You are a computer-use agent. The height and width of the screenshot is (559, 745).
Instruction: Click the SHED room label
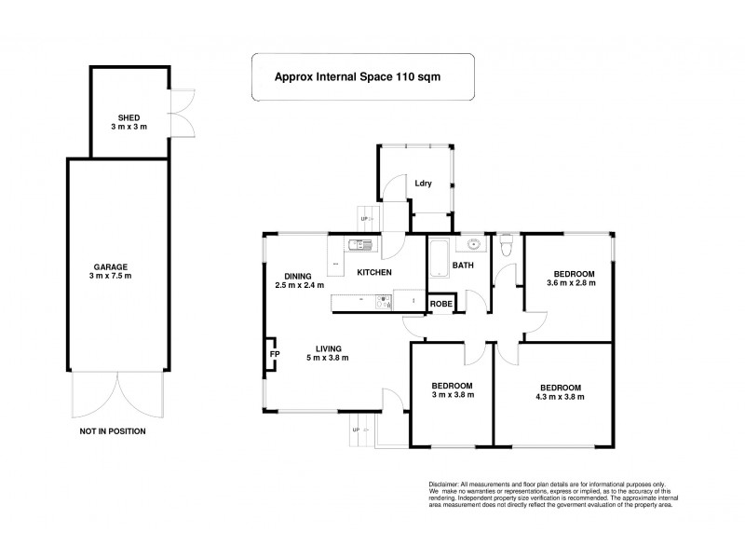point(128,117)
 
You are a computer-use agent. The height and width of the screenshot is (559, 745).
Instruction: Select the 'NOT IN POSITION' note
point(112,431)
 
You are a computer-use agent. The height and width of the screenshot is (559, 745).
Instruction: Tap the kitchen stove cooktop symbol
point(383,300)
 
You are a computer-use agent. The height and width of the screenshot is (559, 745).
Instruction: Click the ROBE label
point(440,304)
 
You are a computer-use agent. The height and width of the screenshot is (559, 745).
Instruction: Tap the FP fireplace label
point(274,355)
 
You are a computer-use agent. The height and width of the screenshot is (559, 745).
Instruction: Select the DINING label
point(298,276)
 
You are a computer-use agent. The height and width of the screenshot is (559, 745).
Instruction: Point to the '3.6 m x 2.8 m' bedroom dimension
point(570,282)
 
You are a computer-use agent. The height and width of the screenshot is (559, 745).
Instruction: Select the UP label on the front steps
point(354,429)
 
